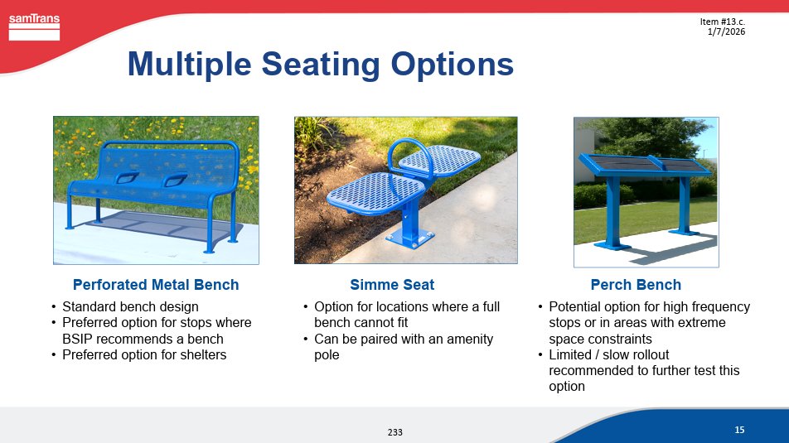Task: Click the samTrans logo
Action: [x=34, y=26]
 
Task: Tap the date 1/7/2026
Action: [x=726, y=31]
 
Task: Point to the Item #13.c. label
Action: [x=722, y=22]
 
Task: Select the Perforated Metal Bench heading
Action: [x=156, y=285]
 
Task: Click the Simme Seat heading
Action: [x=392, y=285]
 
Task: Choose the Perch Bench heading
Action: [x=636, y=285]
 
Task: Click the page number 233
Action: [x=395, y=432]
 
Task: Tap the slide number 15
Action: [x=739, y=430]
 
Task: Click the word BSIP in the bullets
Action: [x=78, y=339]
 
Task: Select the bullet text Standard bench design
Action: [x=130, y=306]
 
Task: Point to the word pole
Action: [x=327, y=355]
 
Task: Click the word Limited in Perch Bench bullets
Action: [x=570, y=355]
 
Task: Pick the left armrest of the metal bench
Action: [x=127, y=178]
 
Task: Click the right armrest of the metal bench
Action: [x=175, y=179]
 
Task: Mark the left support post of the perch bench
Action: [x=613, y=213]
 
